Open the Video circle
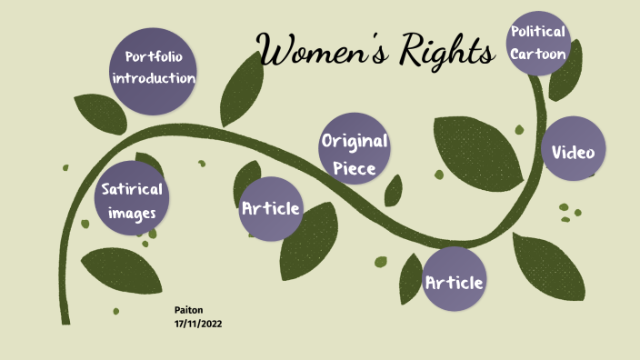(574, 152)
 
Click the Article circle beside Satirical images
(271, 209)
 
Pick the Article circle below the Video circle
(455, 283)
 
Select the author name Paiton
(188, 310)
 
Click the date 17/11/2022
(198, 324)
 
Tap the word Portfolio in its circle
(154, 57)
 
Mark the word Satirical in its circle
(133, 190)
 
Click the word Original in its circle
(355, 142)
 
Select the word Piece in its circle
(355, 167)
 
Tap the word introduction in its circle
(154, 78)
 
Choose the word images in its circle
(133, 214)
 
